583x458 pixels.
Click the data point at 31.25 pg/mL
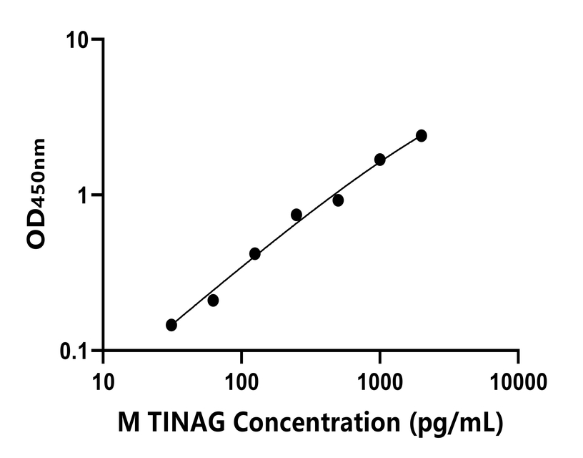coord(171,325)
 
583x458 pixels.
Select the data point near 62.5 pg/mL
coord(213,301)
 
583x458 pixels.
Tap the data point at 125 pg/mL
coord(255,253)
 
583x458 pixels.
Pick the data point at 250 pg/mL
coord(297,215)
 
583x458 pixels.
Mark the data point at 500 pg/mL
coord(338,200)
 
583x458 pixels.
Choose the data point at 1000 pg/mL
coord(380,160)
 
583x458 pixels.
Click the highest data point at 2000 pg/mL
coord(422,136)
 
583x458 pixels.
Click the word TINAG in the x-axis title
coord(178,423)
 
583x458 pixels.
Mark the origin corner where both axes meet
coord(104,351)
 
